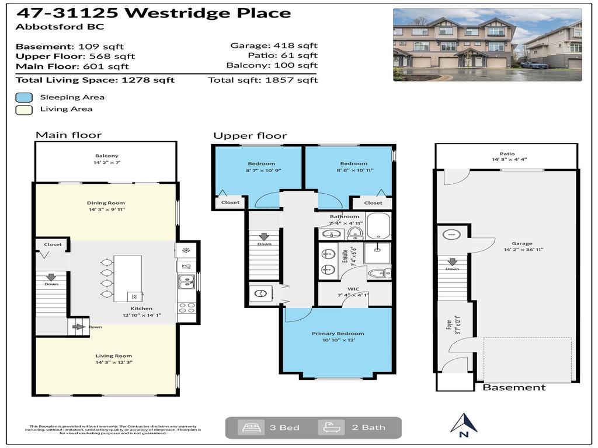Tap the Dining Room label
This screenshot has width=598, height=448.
click(x=106, y=203)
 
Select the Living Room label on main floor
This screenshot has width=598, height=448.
click(x=114, y=356)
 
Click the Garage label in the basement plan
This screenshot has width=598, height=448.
click(x=522, y=244)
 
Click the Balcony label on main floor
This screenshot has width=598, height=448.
click(x=106, y=156)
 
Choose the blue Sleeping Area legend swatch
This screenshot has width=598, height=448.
click(x=23, y=97)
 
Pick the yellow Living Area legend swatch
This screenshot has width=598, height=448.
click(x=23, y=109)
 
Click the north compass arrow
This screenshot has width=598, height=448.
click(x=464, y=422)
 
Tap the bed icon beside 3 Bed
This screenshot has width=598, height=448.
click(x=247, y=428)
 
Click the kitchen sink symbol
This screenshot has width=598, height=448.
click(x=187, y=282)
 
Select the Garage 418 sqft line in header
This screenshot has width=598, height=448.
click(x=274, y=45)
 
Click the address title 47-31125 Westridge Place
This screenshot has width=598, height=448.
click(x=153, y=13)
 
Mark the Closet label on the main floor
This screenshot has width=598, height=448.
click(x=53, y=244)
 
